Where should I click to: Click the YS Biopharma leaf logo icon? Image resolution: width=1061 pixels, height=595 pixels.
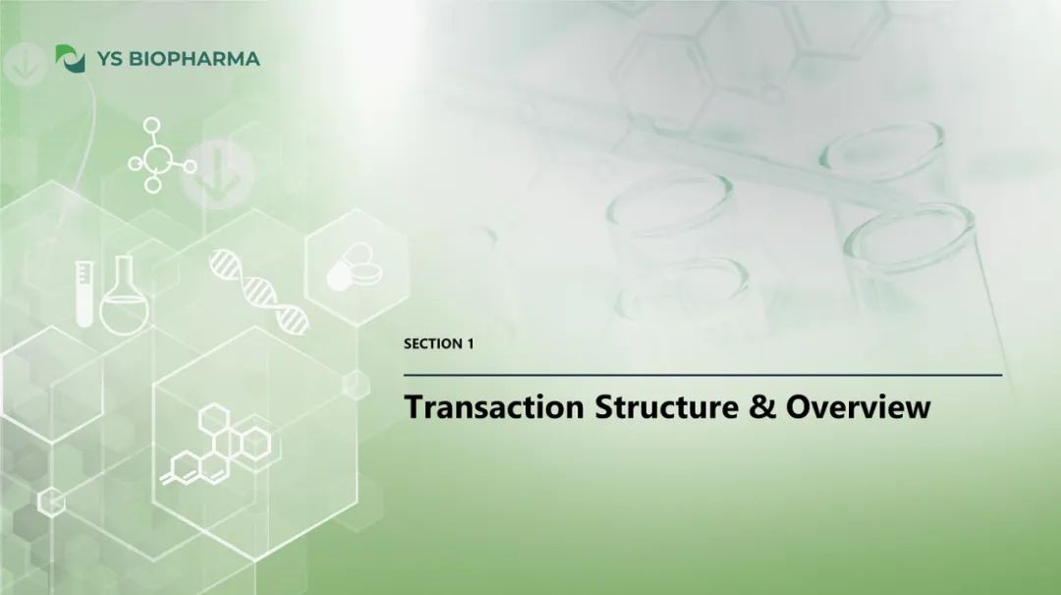click(71, 58)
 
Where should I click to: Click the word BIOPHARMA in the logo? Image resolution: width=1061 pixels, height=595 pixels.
click(195, 59)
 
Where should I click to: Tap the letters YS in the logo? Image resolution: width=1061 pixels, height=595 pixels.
click(110, 59)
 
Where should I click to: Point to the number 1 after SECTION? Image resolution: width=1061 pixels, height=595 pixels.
click(471, 343)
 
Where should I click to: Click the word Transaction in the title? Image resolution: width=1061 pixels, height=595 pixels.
click(494, 406)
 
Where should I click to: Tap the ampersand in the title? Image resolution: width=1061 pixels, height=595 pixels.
click(762, 406)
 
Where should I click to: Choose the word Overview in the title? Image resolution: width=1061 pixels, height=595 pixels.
click(858, 406)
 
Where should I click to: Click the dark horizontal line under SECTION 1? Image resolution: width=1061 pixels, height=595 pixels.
click(703, 375)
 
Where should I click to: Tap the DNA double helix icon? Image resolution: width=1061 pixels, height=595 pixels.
click(259, 291)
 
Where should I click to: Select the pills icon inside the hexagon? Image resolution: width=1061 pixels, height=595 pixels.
click(355, 267)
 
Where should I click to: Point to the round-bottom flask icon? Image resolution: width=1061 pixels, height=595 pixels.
click(124, 295)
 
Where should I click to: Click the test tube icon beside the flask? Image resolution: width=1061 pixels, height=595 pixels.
click(84, 294)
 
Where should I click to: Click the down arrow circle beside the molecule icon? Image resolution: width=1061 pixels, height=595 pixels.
click(218, 173)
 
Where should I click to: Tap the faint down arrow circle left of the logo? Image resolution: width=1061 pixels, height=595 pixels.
click(25, 64)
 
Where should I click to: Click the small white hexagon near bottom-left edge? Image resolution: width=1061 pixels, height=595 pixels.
click(51, 503)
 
